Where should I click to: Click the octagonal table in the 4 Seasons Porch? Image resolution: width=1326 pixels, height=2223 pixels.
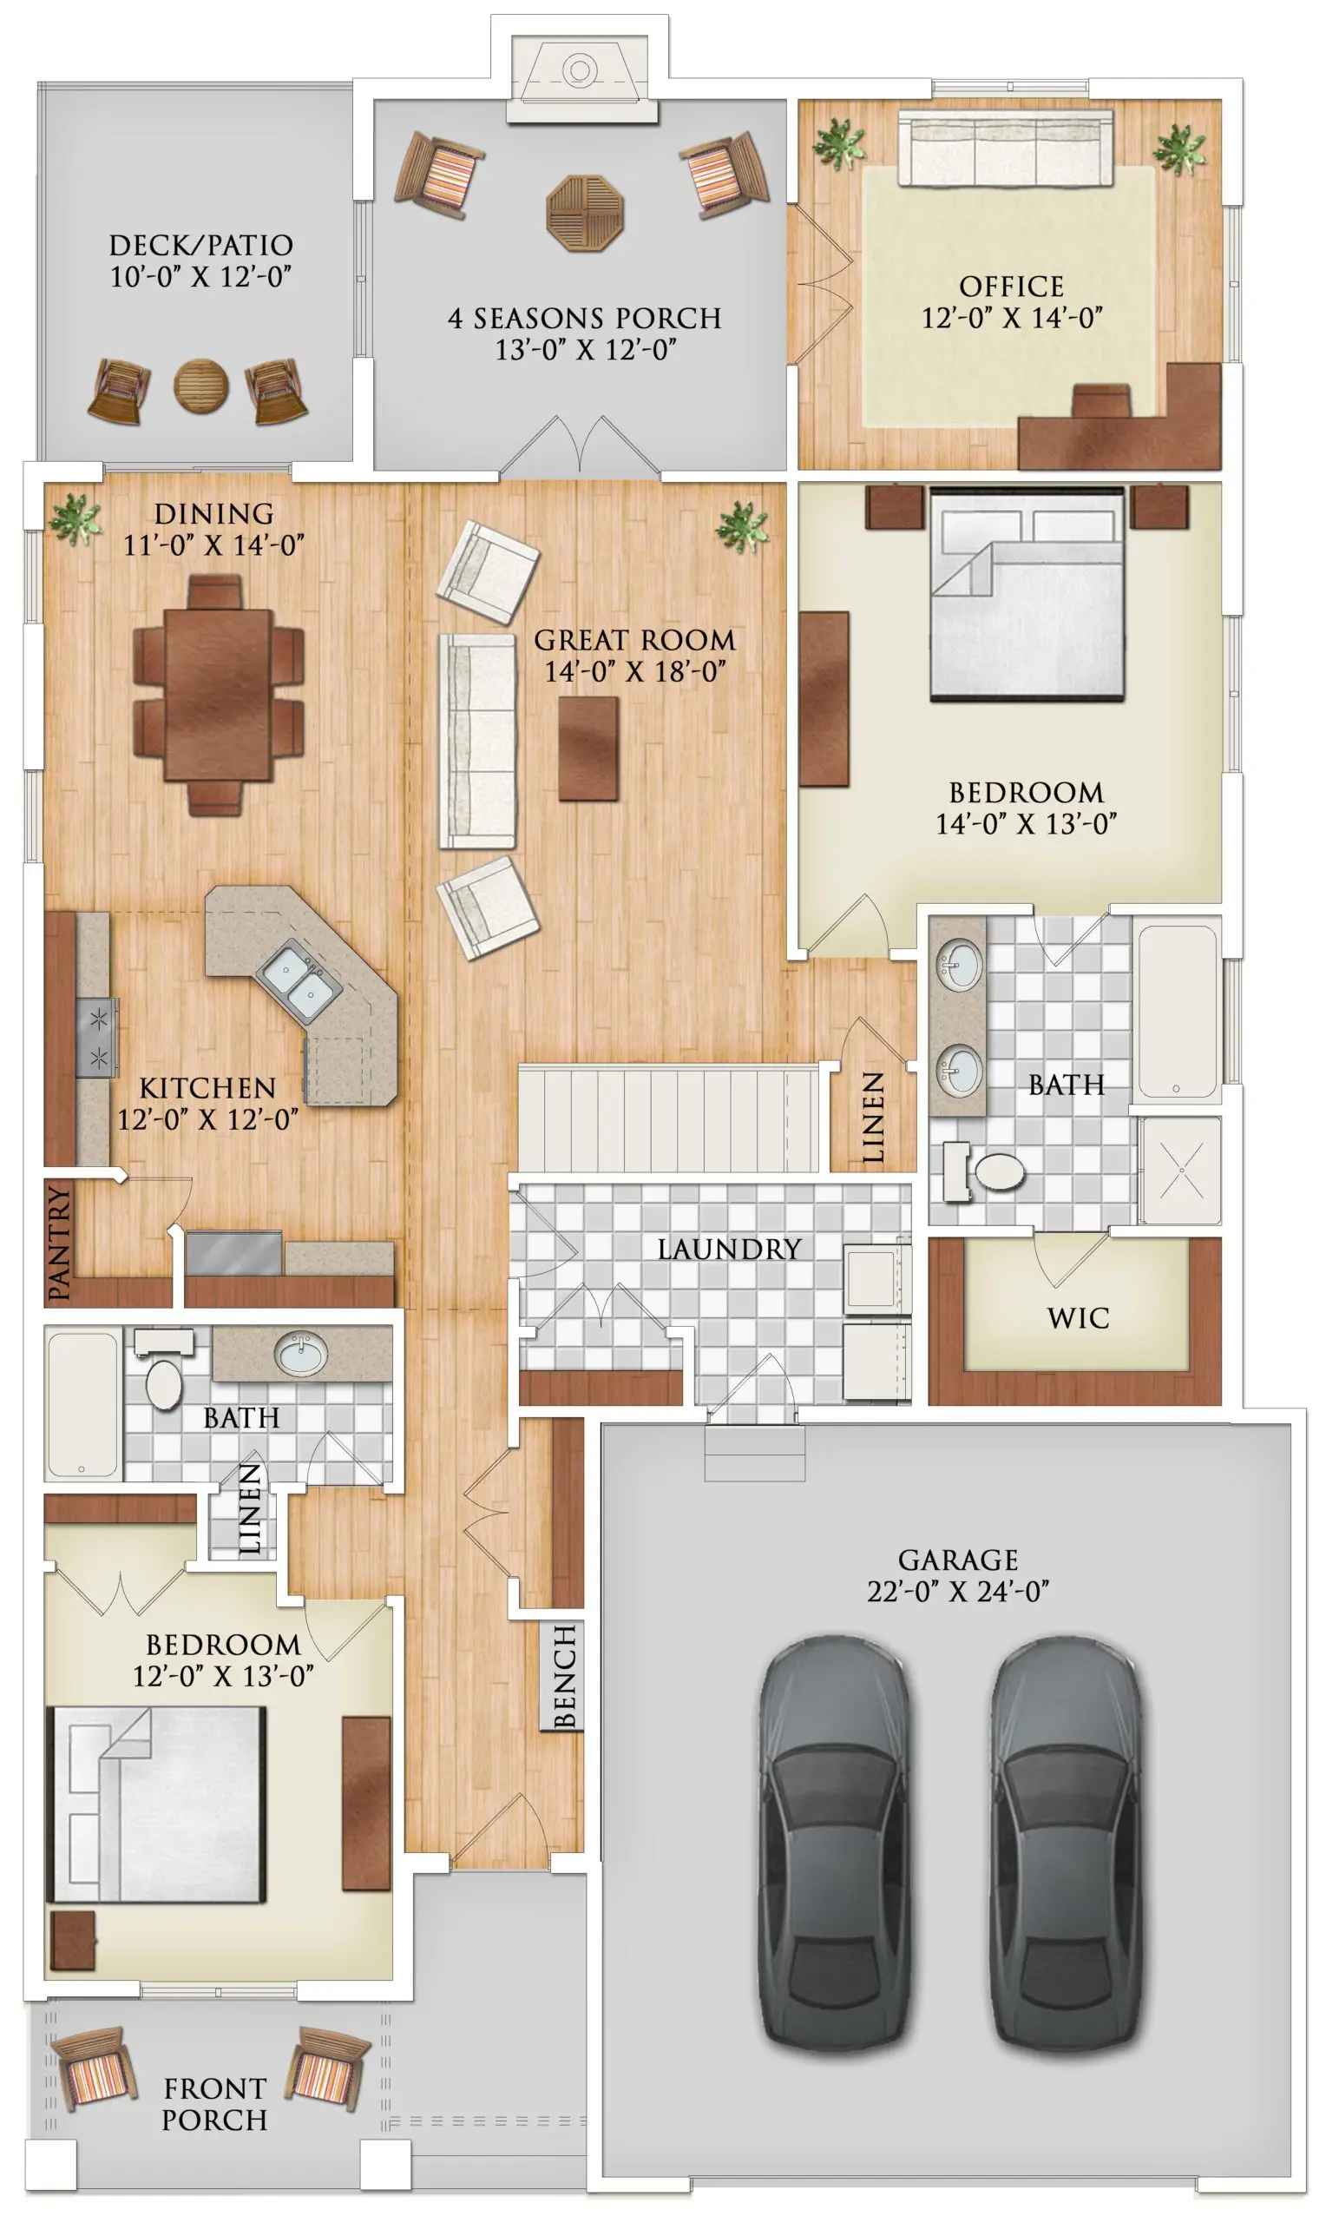pos(584,214)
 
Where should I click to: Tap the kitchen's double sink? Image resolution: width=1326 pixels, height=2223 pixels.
pos(299,980)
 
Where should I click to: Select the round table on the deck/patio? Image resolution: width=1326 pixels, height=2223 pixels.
pos(200,386)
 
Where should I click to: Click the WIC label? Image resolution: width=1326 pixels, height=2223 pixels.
pos(1079,1317)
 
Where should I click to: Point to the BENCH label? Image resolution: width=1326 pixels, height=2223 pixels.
pos(564,1676)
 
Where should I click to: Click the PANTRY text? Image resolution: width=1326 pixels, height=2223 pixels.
pos(59,1243)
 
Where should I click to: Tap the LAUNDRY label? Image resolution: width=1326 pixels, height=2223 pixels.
pos(729,1249)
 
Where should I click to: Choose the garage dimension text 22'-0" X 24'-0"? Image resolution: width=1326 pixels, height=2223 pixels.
pos(958,1591)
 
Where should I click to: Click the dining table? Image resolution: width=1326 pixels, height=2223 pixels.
pos(218,695)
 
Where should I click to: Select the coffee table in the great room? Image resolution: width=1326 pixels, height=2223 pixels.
pos(588,749)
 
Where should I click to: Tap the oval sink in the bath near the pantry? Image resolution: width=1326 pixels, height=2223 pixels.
pos(301,1353)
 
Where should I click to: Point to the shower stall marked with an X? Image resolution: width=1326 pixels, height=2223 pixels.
pos(1181,1170)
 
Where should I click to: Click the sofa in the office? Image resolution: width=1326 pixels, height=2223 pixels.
pos(1005,148)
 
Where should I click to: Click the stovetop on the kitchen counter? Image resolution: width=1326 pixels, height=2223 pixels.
pos(96,1037)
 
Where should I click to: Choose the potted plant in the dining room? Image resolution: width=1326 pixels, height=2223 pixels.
pos(75,518)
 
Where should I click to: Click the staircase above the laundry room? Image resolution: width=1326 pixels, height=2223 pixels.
pos(668,1118)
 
